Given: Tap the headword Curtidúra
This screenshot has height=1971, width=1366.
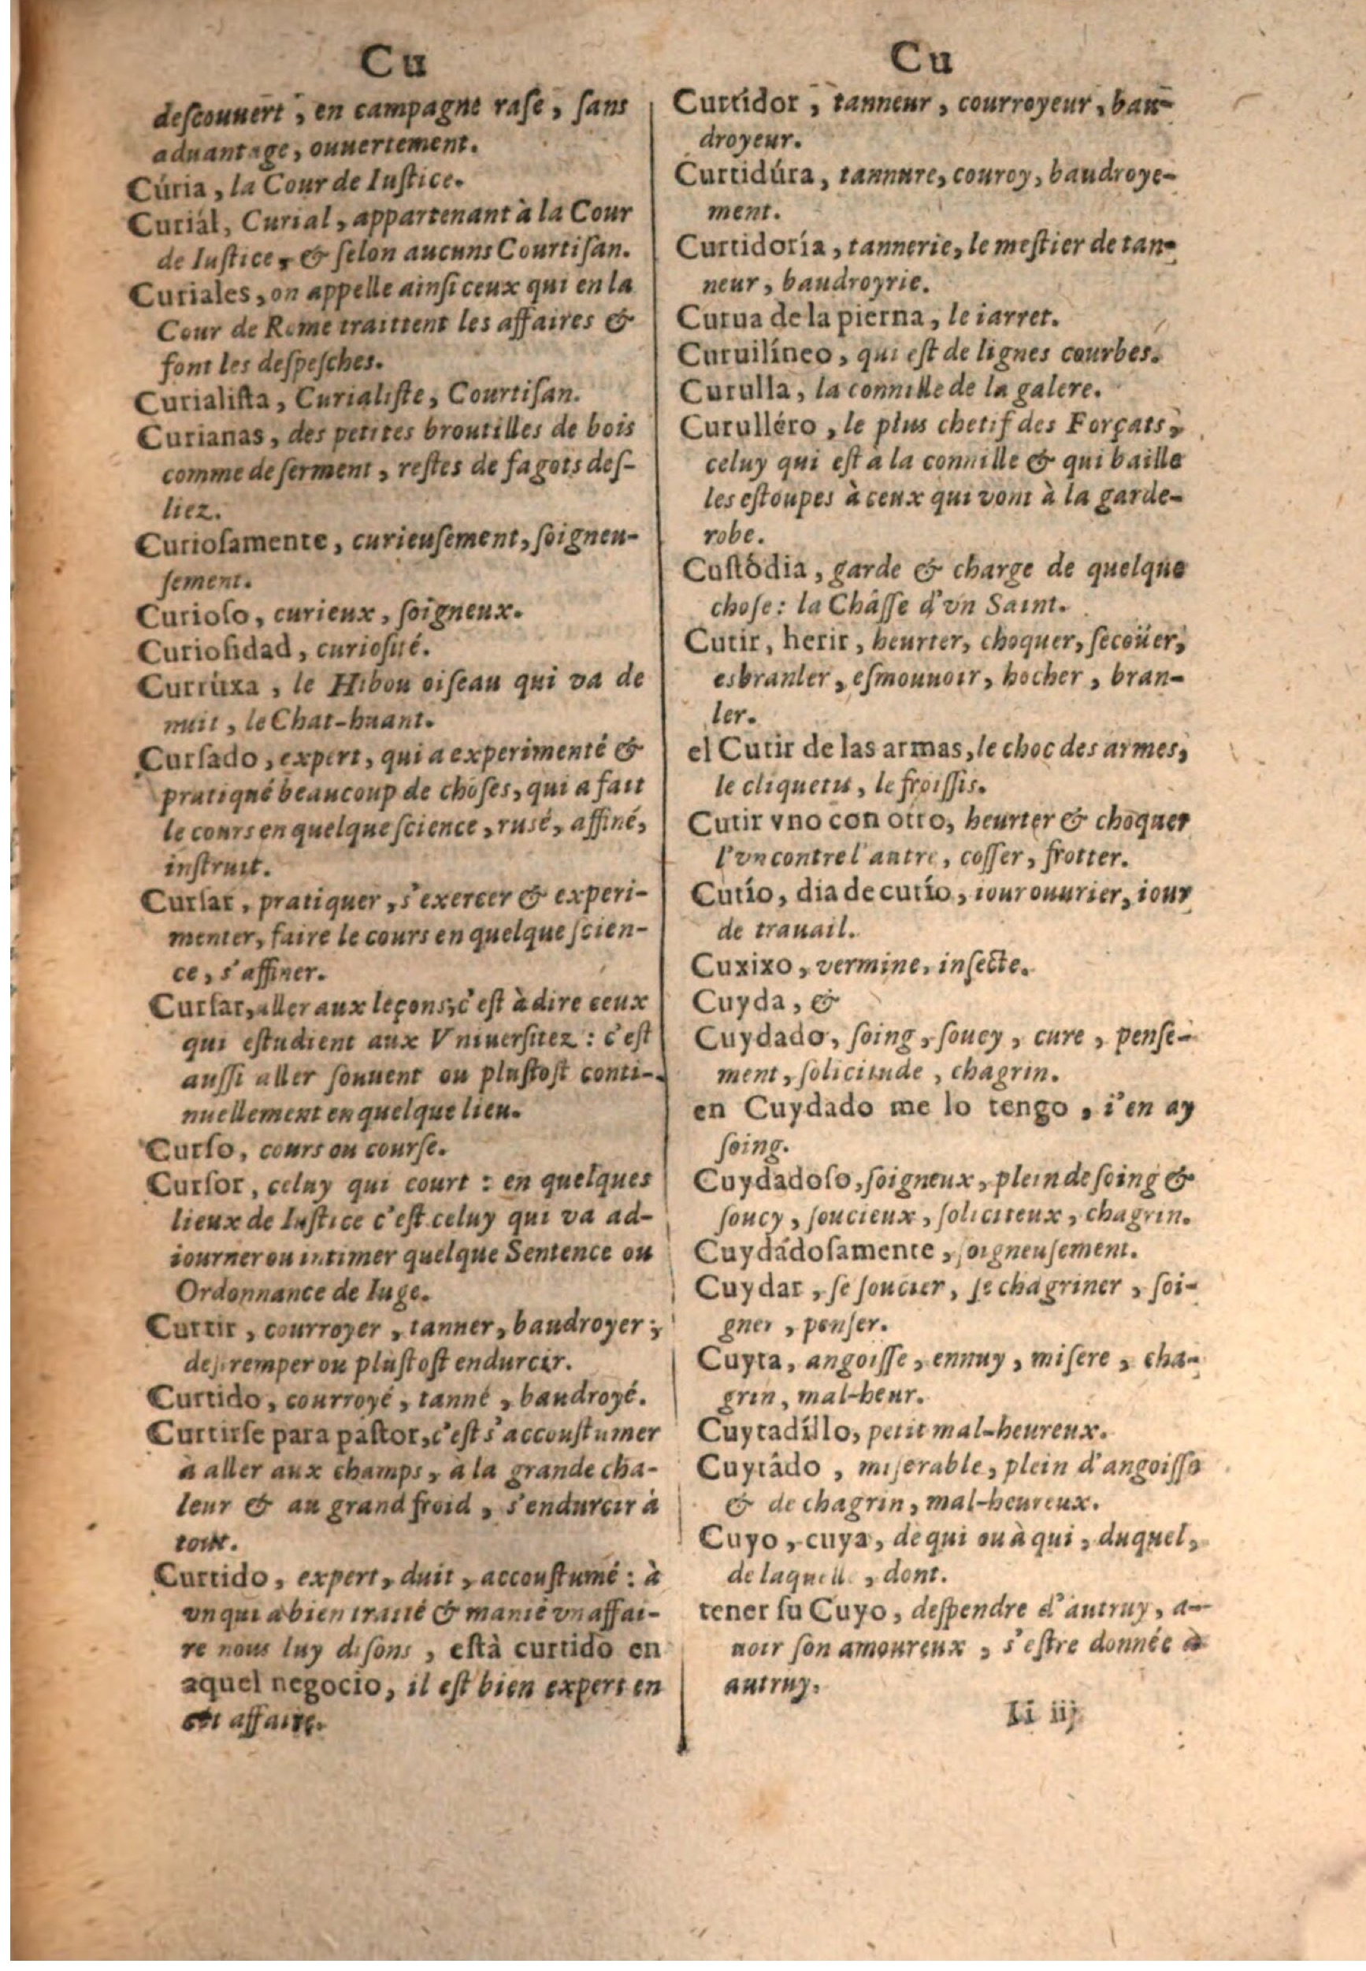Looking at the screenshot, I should coord(751,175).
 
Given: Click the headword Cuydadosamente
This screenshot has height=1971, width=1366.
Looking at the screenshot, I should coord(815,1250).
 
